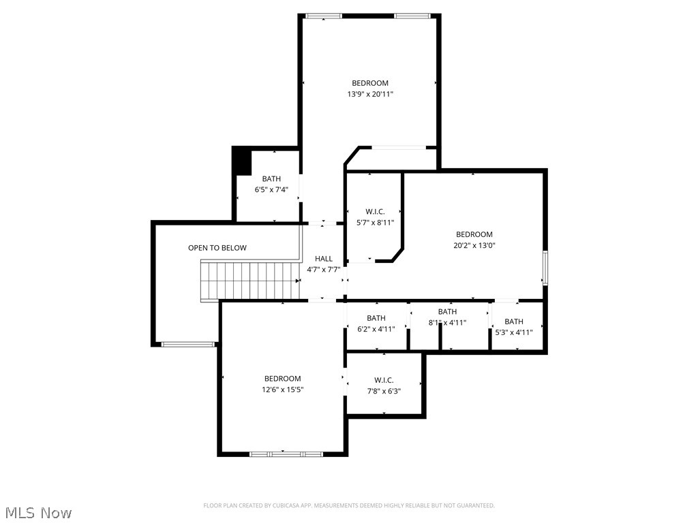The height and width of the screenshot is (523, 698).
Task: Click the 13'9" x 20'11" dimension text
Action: (x=370, y=95)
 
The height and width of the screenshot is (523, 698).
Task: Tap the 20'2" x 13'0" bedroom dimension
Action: (x=474, y=246)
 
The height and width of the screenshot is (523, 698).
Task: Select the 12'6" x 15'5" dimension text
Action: (x=282, y=390)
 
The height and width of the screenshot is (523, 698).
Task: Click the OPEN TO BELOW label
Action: (x=217, y=248)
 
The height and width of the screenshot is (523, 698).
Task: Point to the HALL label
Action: (x=324, y=259)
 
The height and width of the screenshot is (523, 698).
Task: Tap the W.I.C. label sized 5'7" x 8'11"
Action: (x=375, y=212)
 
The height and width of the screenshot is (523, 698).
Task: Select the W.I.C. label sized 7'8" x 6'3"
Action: (x=384, y=380)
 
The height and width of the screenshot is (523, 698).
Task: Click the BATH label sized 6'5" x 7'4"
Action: (x=271, y=179)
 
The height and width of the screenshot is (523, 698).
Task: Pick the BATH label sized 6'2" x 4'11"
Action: (x=376, y=318)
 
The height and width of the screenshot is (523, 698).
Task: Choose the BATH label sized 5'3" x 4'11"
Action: (x=514, y=321)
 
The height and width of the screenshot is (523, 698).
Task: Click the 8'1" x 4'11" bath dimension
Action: (x=447, y=323)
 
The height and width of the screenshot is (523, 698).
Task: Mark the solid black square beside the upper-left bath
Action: (x=242, y=161)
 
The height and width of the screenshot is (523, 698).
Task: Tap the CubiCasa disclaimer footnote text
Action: (x=349, y=505)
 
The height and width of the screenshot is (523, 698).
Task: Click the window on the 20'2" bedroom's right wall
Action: (x=545, y=267)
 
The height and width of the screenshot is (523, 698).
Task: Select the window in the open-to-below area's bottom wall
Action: (x=188, y=344)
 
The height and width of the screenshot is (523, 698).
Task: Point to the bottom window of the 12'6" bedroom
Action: (x=286, y=454)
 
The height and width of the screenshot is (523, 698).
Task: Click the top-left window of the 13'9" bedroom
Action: (x=324, y=16)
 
